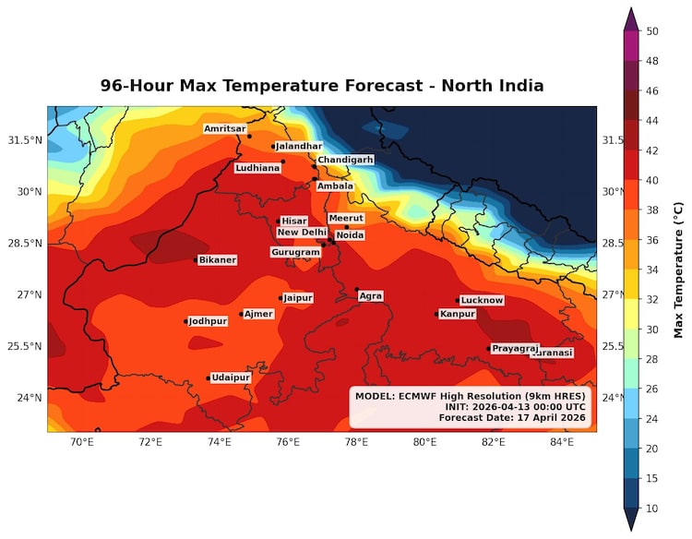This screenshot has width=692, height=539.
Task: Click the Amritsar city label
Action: pos(225,128)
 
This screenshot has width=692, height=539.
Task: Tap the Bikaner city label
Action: pos(218,260)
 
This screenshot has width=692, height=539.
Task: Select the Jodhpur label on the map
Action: pos(208,321)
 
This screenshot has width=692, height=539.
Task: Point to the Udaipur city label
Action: pos(231,377)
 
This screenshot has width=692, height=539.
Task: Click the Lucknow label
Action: pos(482,300)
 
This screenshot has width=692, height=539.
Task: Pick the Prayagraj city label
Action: pos(515,349)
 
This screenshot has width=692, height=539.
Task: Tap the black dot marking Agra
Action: pos(357,290)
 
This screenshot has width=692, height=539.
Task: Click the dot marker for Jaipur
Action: pos(280,298)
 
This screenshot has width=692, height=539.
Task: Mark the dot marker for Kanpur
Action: pos(436,314)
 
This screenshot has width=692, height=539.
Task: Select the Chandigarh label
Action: pos(345,160)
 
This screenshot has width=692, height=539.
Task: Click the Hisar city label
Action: pos(293,222)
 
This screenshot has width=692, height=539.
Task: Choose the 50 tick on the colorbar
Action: pos(651,31)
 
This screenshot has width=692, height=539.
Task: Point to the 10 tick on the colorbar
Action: pos(651,508)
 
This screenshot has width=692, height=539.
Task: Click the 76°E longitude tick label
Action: pos(288,443)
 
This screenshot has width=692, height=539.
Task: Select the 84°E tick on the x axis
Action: pos(562,443)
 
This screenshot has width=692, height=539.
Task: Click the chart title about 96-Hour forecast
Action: pos(322,86)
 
